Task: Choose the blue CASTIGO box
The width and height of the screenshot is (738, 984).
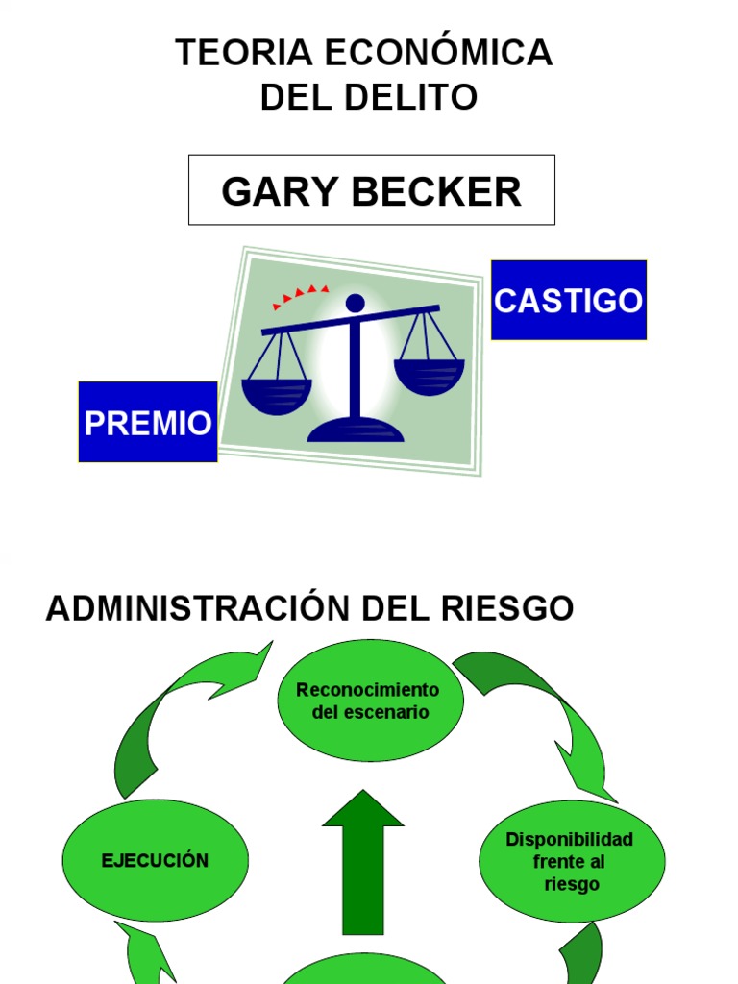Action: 568,300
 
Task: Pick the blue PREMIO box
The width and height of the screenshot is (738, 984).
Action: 148,422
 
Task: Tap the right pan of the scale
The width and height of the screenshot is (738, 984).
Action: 429,376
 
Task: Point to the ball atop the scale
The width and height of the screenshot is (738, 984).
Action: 355,303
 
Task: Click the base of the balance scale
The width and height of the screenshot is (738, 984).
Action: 356,430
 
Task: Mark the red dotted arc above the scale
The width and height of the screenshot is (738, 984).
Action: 301,294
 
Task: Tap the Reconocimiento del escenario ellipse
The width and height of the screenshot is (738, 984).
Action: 370,701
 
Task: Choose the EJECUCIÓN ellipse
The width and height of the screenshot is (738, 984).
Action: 155,860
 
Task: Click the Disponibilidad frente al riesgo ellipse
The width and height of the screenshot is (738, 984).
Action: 571,861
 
